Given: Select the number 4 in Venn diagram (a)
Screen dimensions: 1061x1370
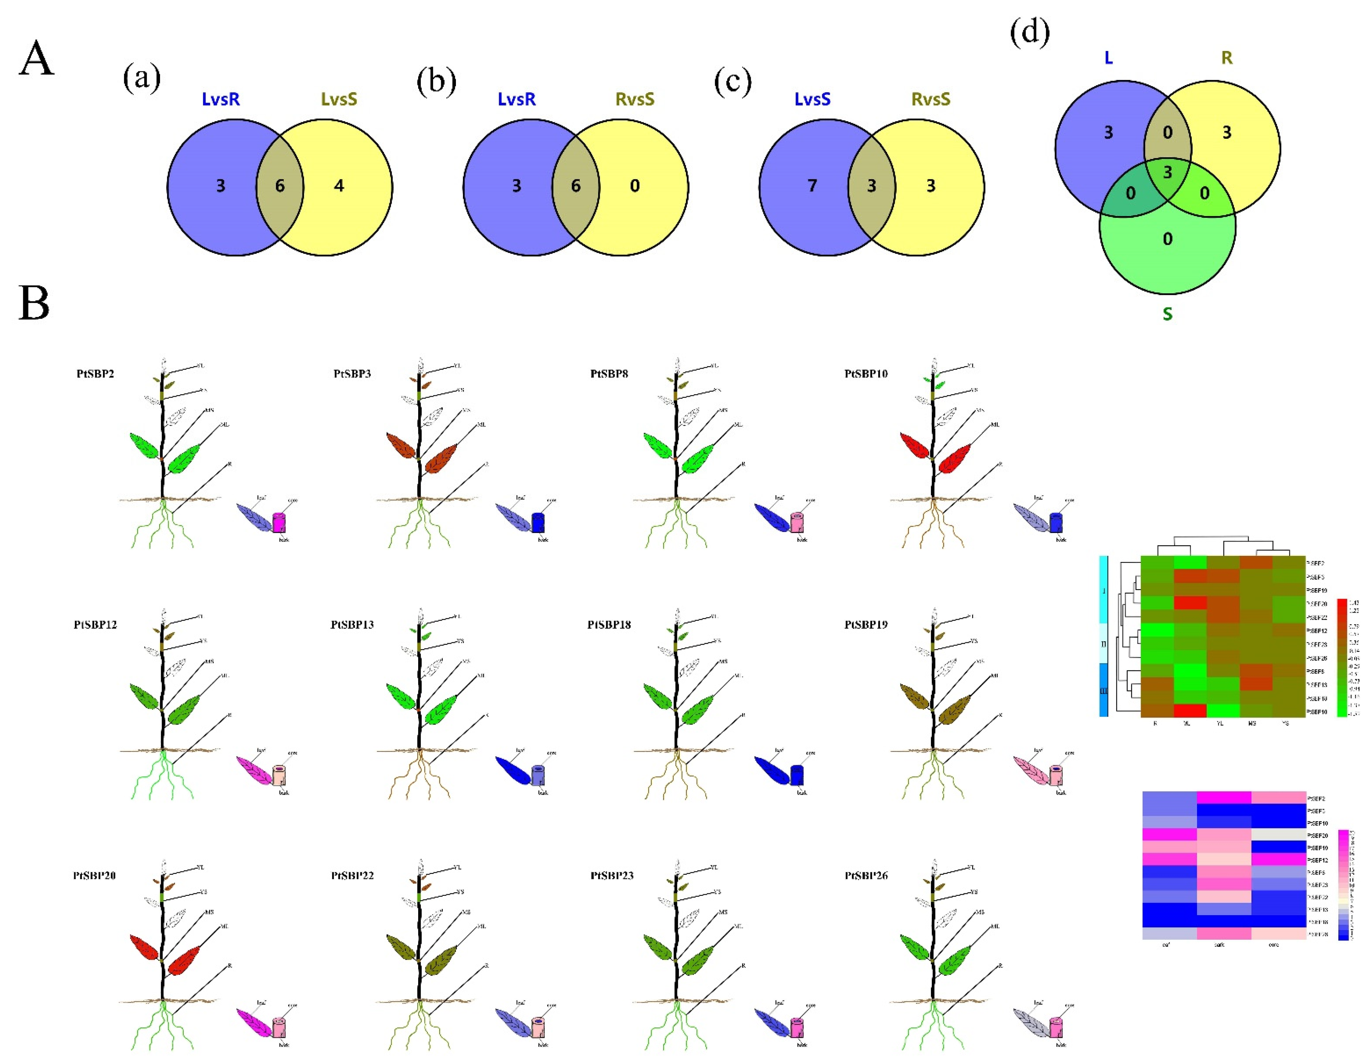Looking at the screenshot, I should pos(339,185).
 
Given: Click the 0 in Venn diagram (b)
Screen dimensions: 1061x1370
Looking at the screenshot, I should pos(635,185).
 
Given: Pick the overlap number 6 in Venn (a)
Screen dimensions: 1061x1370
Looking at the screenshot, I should pos(280,185).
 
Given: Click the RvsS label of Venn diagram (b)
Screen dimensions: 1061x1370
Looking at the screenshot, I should pos(635,99).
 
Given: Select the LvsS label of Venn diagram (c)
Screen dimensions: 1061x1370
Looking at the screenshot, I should pos(812,99).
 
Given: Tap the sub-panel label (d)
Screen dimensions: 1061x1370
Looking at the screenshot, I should pos(1029,33).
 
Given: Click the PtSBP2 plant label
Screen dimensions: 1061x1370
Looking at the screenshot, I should pos(96,374).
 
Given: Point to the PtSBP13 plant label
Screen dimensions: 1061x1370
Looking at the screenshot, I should pos(352,625).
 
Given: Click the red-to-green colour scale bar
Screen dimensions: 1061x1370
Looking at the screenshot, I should pos(1342,657).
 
